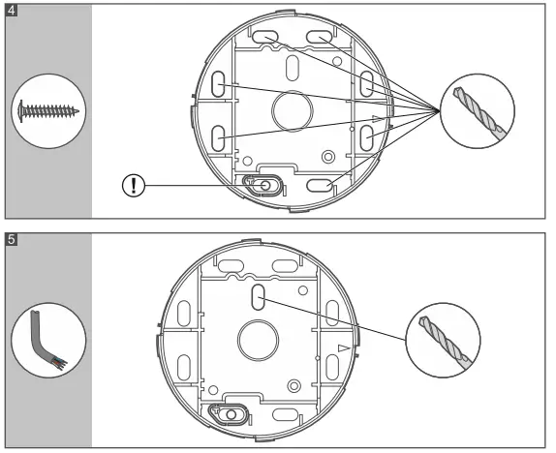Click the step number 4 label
point(11,11)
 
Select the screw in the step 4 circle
point(46,112)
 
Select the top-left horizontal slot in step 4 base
point(263,37)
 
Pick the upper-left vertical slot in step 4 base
point(221,84)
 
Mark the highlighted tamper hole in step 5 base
point(231,414)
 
